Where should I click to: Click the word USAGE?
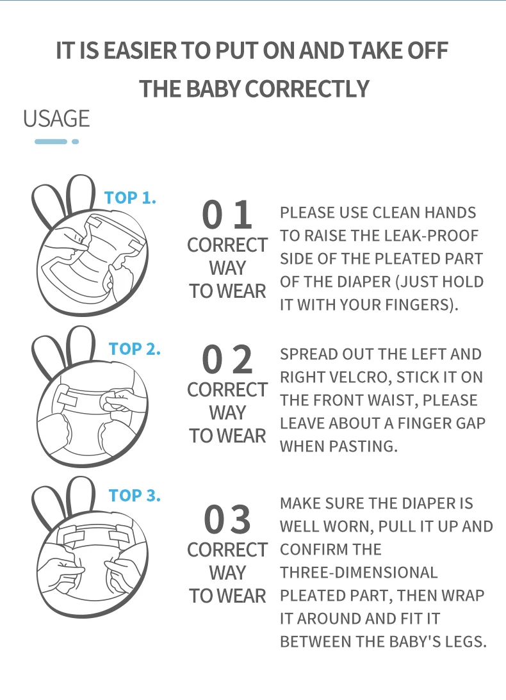(56, 118)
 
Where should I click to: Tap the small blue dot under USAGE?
(76, 142)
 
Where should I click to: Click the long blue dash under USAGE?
(51, 142)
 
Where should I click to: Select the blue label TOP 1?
(130, 198)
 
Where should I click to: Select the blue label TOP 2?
(135, 348)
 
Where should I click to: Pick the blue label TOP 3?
(135, 495)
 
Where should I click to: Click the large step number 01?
(227, 215)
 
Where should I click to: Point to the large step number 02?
(227, 359)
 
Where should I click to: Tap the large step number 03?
(227, 519)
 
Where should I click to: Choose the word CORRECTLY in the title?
(307, 89)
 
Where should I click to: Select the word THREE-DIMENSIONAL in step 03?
(359, 573)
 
